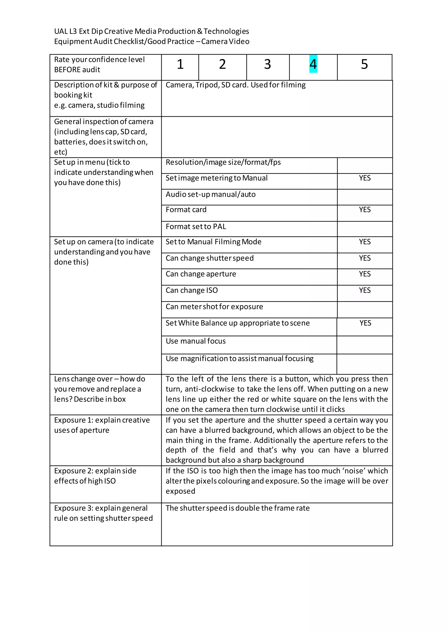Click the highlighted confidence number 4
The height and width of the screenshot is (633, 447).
(x=313, y=64)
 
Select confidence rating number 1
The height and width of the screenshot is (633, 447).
(x=180, y=64)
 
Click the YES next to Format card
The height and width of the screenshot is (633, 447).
(x=364, y=210)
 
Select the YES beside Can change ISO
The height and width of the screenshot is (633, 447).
(x=364, y=290)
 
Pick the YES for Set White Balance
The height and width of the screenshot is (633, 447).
(x=365, y=323)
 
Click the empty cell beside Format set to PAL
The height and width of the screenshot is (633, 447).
(x=364, y=229)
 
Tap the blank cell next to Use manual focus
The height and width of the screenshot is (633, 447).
(x=364, y=345)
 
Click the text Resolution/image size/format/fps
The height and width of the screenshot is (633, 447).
(x=223, y=162)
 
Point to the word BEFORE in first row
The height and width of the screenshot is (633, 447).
(x=68, y=70)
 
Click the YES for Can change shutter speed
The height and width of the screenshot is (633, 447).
(x=364, y=258)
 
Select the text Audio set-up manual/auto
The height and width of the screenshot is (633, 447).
(x=211, y=194)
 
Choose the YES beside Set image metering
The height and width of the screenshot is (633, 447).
(x=364, y=178)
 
